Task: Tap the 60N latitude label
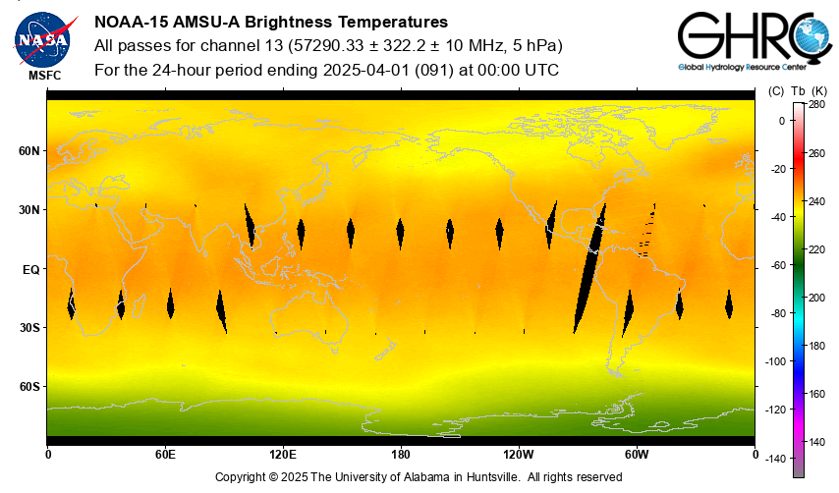[x=29, y=151]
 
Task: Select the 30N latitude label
[x=29, y=210]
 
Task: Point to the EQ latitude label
[x=30, y=269]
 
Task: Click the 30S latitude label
[x=29, y=328]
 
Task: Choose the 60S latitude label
[x=29, y=387]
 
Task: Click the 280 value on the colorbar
[x=816, y=104]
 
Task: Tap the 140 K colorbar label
[x=816, y=442]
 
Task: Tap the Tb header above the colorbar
[x=798, y=91]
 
